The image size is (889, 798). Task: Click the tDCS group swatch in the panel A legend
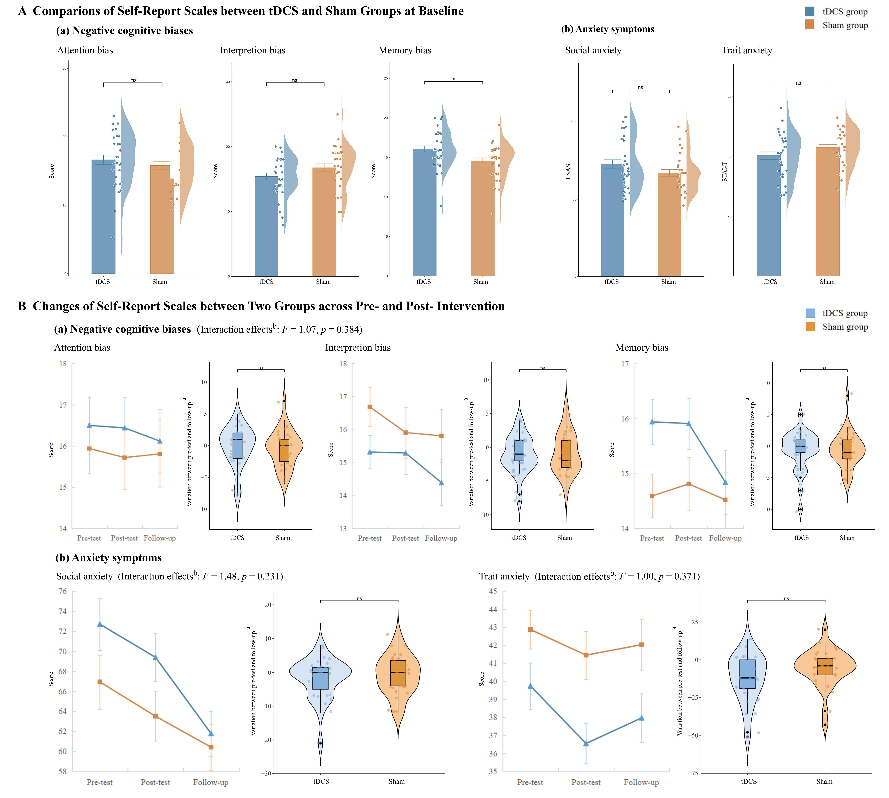[810, 11]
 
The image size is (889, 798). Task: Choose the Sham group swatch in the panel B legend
[810, 327]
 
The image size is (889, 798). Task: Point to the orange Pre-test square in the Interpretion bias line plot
[369, 407]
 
